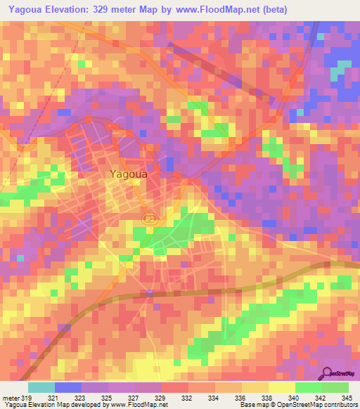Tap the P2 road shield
[x=148, y=220]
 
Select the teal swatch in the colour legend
[x=41, y=388]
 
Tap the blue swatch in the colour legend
[x=68, y=388]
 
